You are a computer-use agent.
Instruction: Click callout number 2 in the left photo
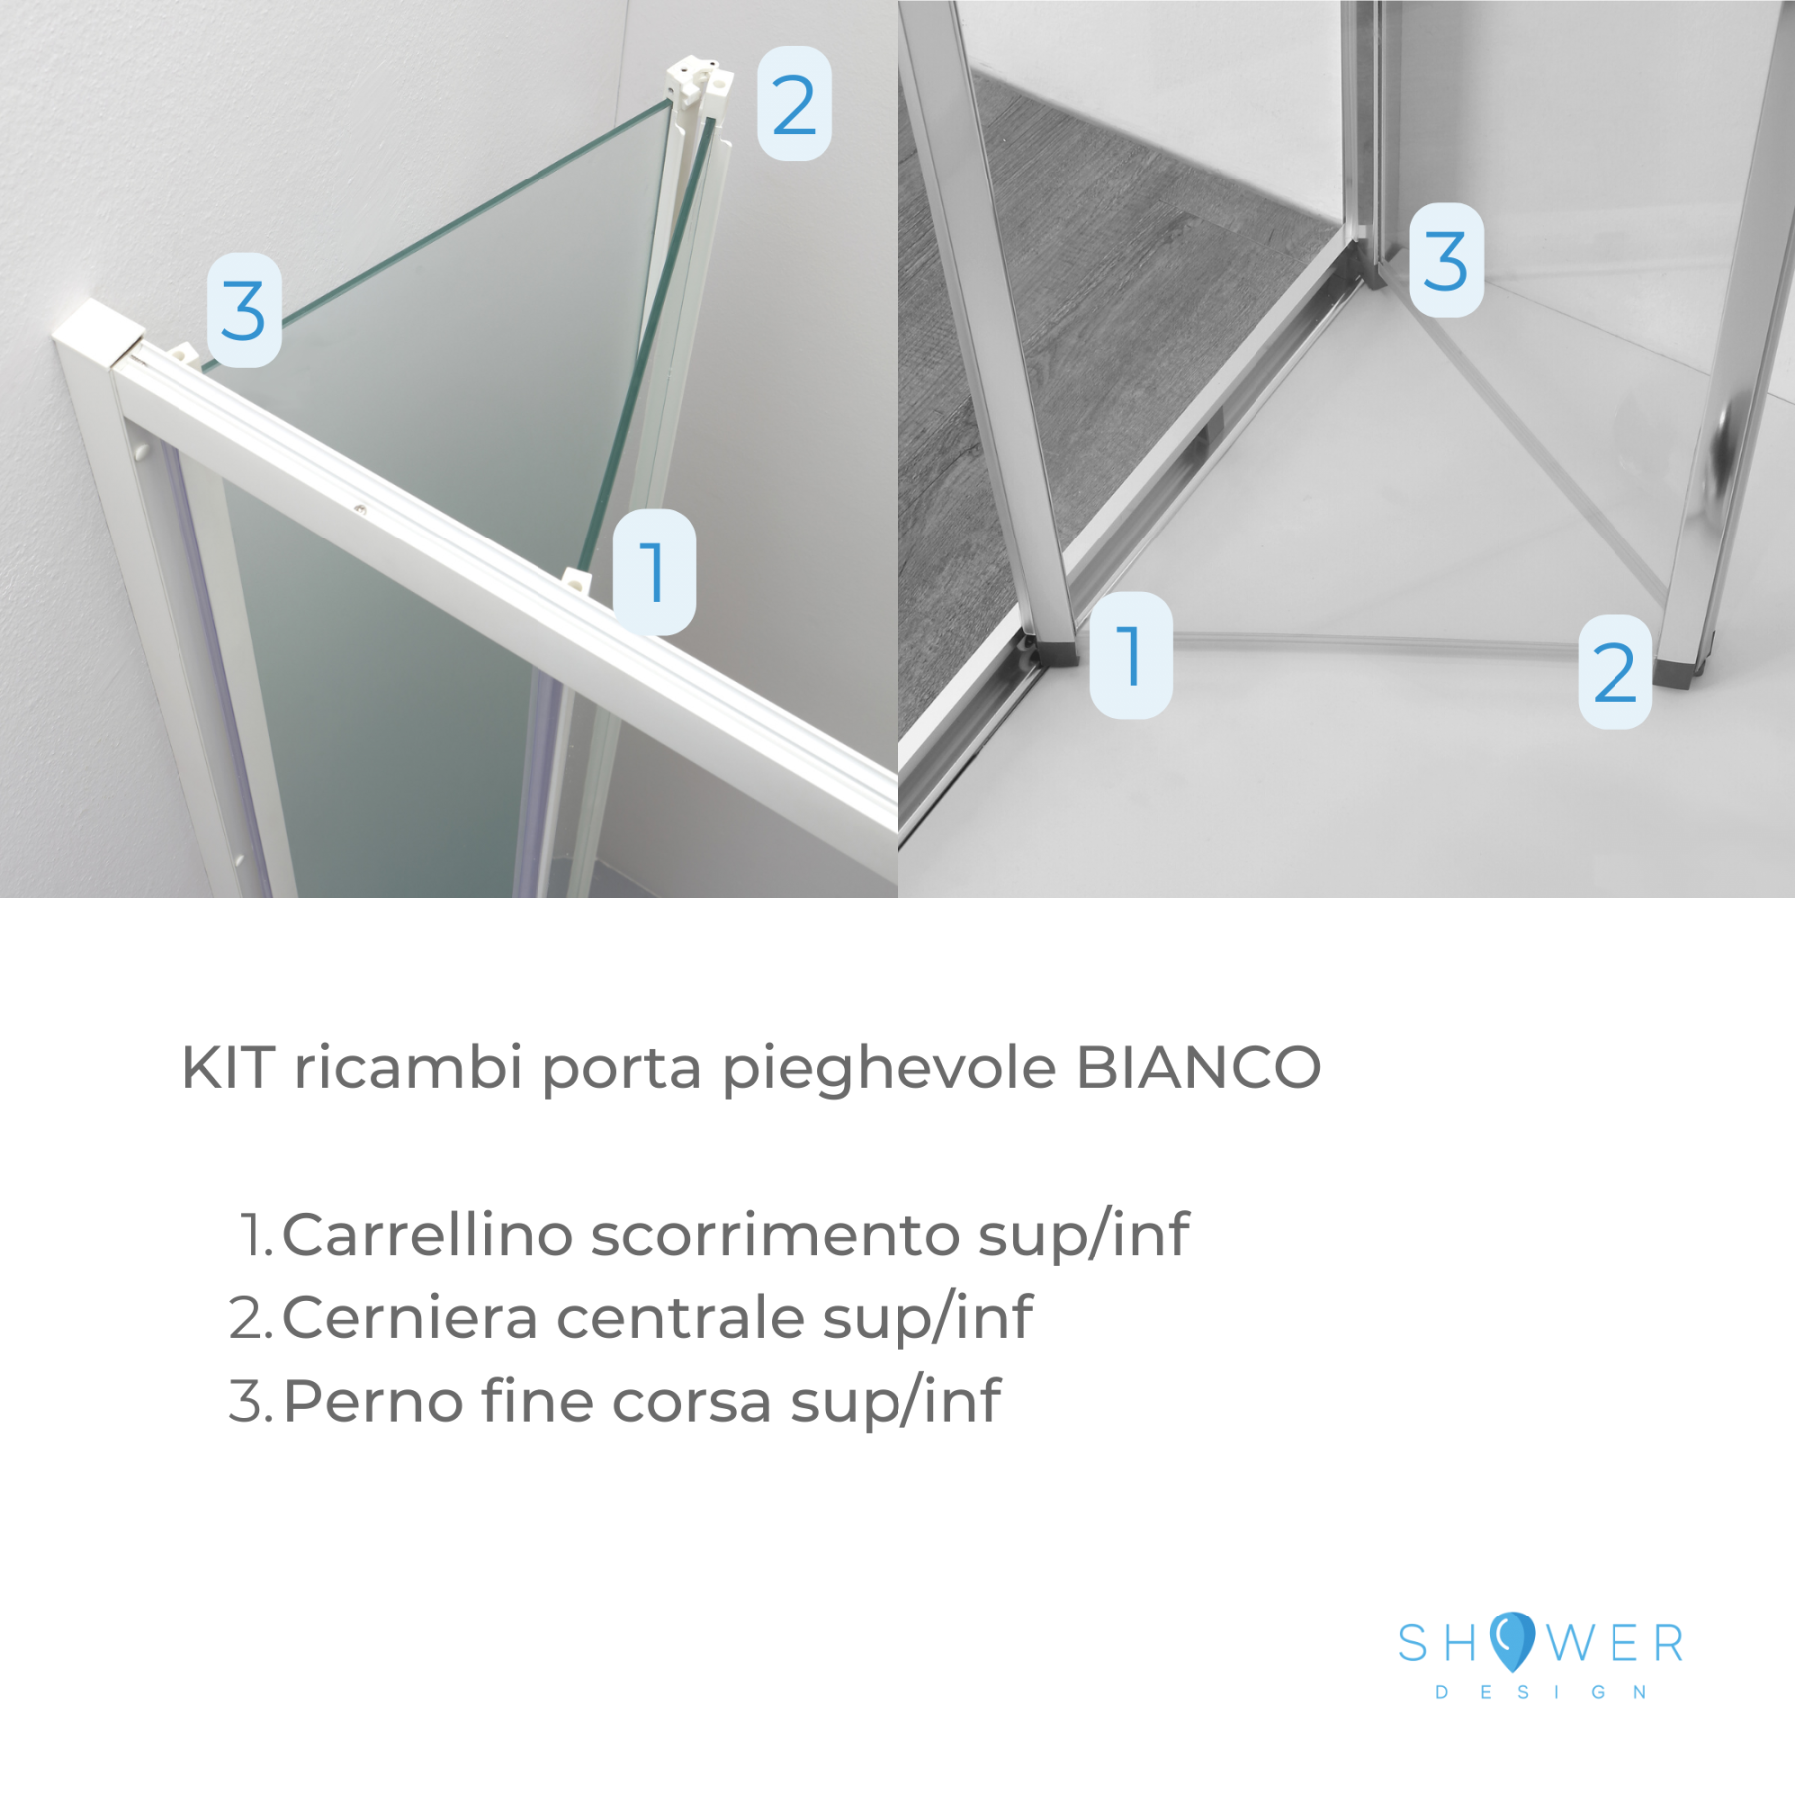(x=794, y=104)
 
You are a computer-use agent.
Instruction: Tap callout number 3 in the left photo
(x=244, y=310)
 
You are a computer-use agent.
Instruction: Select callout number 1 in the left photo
(x=654, y=571)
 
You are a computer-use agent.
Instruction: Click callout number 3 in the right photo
(x=1446, y=260)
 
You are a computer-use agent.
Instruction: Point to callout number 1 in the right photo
(x=1131, y=655)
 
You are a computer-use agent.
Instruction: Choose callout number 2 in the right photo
(x=1615, y=672)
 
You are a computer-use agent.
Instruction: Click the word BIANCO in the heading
(x=1200, y=1067)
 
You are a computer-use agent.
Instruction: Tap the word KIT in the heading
(x=228, y=1067)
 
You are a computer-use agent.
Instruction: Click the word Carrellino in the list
(x=428, y=1234)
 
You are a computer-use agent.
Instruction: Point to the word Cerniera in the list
(x=411, y=1317)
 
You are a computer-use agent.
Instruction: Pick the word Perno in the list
(x=373, y=1401)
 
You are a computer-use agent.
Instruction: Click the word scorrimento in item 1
(x=777, y=1235)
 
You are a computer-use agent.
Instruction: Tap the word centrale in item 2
(x=680, y=1318)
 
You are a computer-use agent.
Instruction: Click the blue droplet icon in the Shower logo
(x=1512, y=1641)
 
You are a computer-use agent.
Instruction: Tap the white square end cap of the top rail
(x=98, y=331)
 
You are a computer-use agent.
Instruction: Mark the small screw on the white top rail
(x=360, y=510)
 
